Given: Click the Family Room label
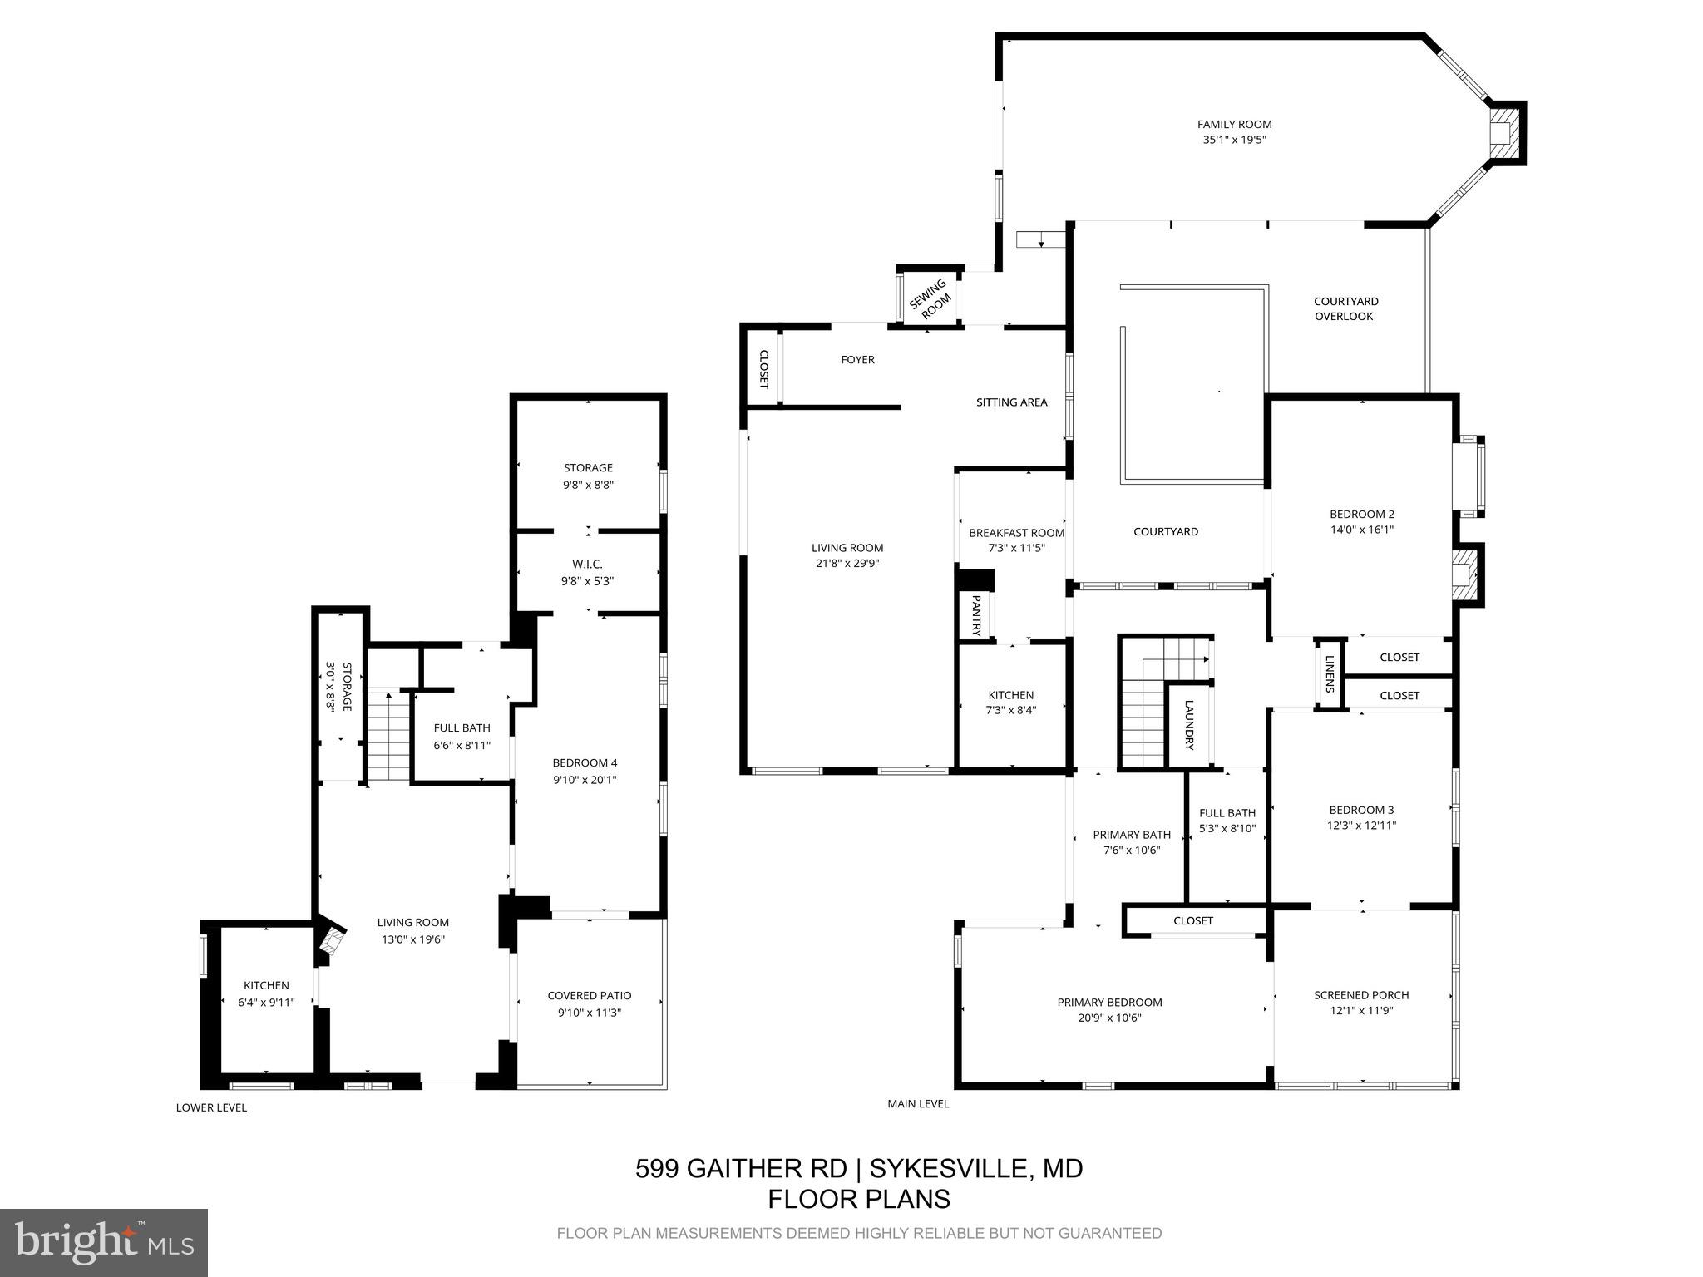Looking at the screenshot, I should tap(1234, 125).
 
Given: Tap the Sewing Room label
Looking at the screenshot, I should tap(930, 298).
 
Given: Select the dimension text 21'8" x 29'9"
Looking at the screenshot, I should tap(847, 563).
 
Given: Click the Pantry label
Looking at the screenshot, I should tap(976, 615).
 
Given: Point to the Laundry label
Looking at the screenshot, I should tap(1189, 724).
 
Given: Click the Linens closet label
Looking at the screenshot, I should tap(1330, 674).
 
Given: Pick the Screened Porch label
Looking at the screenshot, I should tap(1361, 994).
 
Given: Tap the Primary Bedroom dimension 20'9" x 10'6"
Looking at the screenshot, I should tap(1109, 1018).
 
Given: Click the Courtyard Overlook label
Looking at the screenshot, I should tap(1345, 308).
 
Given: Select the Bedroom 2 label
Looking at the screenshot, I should tap(1361, 514).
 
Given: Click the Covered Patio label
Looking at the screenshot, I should tap(589, 995).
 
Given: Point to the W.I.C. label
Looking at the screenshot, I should tap(587, 565).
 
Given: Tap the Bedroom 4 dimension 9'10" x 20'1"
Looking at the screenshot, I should tap(585, 780).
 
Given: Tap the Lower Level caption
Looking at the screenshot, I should tap(211, 1107).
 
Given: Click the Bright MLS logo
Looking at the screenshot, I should tap(103, 1242).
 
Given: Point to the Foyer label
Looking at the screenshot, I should tap(857, 360).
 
